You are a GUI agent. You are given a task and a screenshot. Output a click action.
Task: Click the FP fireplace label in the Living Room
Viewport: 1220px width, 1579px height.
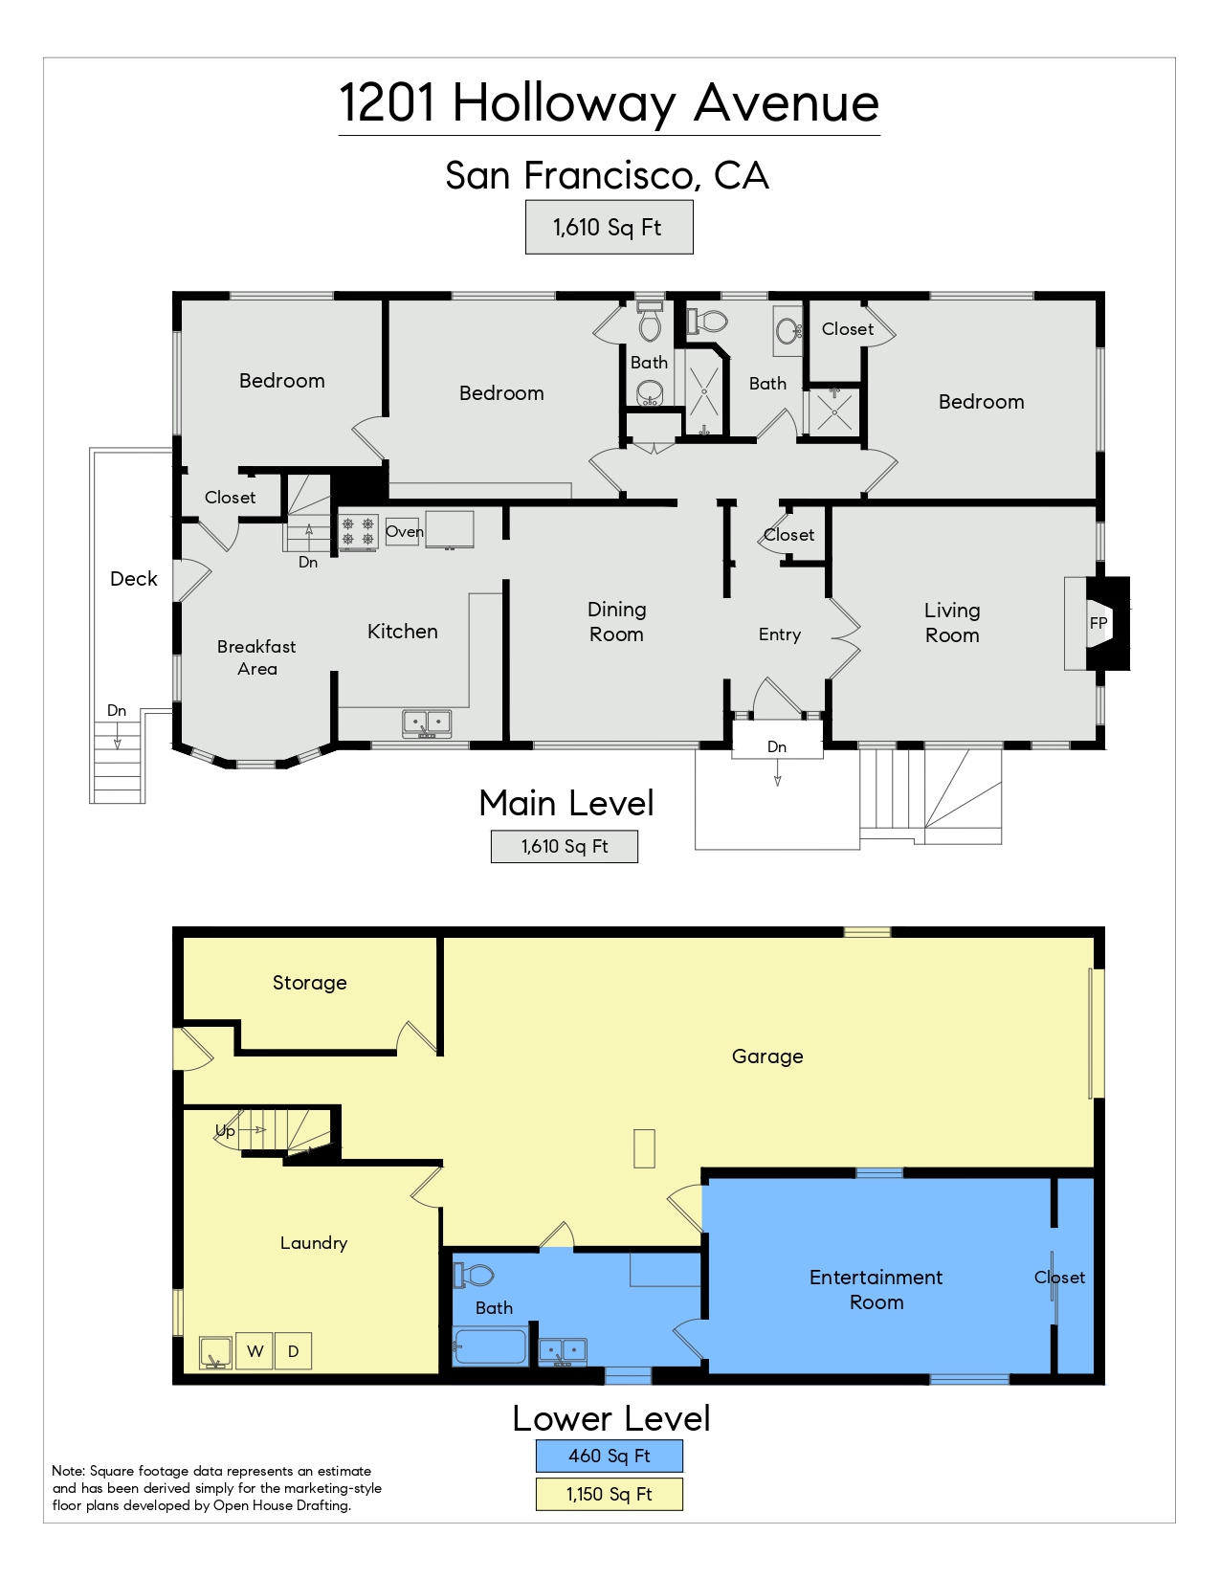(x=1098, y=623)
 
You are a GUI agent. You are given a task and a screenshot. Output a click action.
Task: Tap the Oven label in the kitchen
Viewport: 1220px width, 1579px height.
(x=404, y=531)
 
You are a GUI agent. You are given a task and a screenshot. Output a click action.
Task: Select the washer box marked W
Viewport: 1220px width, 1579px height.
(x=255, y=1351)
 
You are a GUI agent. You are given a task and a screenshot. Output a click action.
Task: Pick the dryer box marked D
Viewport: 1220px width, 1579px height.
(x=294, y=1351)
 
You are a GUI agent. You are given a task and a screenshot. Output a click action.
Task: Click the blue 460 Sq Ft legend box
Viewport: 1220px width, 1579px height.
(x=609, y=1456)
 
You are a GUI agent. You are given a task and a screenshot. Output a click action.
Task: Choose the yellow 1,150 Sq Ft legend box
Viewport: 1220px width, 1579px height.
(x=609, y=1494)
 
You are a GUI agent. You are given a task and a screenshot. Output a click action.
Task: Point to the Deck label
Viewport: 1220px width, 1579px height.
(x=134, y=578)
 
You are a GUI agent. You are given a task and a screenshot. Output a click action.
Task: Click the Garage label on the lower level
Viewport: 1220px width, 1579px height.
(x=767, y=1056)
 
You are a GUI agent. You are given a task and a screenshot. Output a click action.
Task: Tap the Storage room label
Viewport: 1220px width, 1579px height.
(x=309, y=983)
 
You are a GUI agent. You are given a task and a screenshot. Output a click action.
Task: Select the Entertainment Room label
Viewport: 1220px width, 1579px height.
(x=876, y=1290)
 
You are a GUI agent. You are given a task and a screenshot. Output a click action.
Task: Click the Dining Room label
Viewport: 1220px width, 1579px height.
(x=616, y=622)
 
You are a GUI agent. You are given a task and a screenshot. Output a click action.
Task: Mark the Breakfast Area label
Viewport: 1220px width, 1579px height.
(x=256, y=657)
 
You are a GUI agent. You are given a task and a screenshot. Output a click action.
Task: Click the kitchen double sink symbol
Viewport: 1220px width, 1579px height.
(x=427, y=723)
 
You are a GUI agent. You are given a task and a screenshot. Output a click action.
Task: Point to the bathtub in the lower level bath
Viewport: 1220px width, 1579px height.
(x=491, y=1346)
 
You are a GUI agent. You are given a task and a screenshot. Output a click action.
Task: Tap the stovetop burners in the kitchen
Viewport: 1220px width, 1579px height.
(x=358, y=531)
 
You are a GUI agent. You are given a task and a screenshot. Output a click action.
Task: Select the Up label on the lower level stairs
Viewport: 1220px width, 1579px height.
(x=225, y=1131)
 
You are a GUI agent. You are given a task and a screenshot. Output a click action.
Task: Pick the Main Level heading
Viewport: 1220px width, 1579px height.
(x=566, y=803)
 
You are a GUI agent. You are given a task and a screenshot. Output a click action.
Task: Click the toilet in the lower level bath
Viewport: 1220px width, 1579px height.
(x=473, y=1275)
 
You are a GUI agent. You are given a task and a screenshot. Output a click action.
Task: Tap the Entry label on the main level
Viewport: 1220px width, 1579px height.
(x=780, y=634)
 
